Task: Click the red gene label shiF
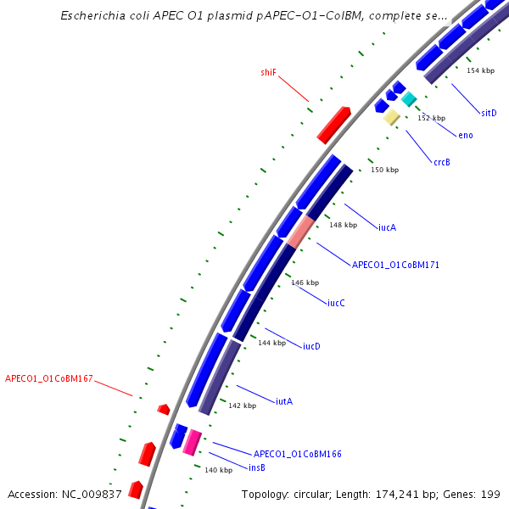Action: tap(268, 73)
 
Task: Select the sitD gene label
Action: tap(489, 113)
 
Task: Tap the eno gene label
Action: tap(466, 135)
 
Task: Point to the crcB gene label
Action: tap(441, 162)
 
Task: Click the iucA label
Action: tap(387, 227)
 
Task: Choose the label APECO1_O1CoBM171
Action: tap(395, 265)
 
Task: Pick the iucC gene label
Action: tap(336, 303)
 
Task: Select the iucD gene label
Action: tap(311, 346)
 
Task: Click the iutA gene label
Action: tap(284, 401)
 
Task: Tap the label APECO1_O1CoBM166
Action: tap(298, 454)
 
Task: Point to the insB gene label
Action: tap(256, 467)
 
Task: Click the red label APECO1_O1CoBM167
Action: tap(49, 378)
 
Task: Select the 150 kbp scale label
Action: tap(384, 171)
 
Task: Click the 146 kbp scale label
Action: tap(305, 282)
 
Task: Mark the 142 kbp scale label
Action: tap(242, 406)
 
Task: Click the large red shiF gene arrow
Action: tap(333, 125)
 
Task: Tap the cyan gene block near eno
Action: tap(409, 99)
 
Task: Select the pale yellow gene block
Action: tap(391, 117)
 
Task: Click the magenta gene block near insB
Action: tap(193, 441)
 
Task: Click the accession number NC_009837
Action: tap(91, 494)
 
